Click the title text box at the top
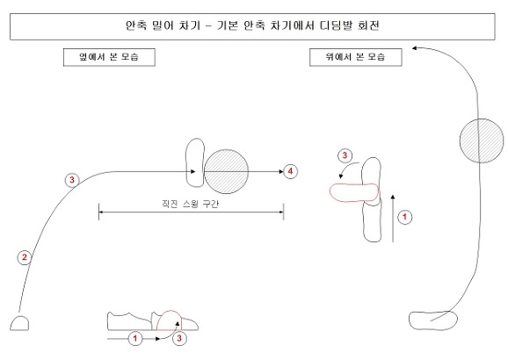tap(252, 26)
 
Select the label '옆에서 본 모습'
tap(109, 57)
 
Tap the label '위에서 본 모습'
tap(356, 57)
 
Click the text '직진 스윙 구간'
tap(190, 204)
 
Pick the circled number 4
tap(290, 171)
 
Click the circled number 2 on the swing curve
tap(25, 257)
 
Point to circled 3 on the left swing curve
tap(72, 180)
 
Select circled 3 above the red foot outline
tap(345, 155)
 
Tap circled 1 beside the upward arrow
tap(404, 217)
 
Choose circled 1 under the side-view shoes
tap(135, 339)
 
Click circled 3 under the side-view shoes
tap(179, 339)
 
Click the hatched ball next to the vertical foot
tap(226, 171)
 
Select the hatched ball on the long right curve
tap(482, 140)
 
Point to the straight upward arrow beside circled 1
tap(393, 219)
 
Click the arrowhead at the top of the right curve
tap(414, 48)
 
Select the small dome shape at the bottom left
tap(19, 323)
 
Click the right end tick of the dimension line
tap(284, 212)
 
